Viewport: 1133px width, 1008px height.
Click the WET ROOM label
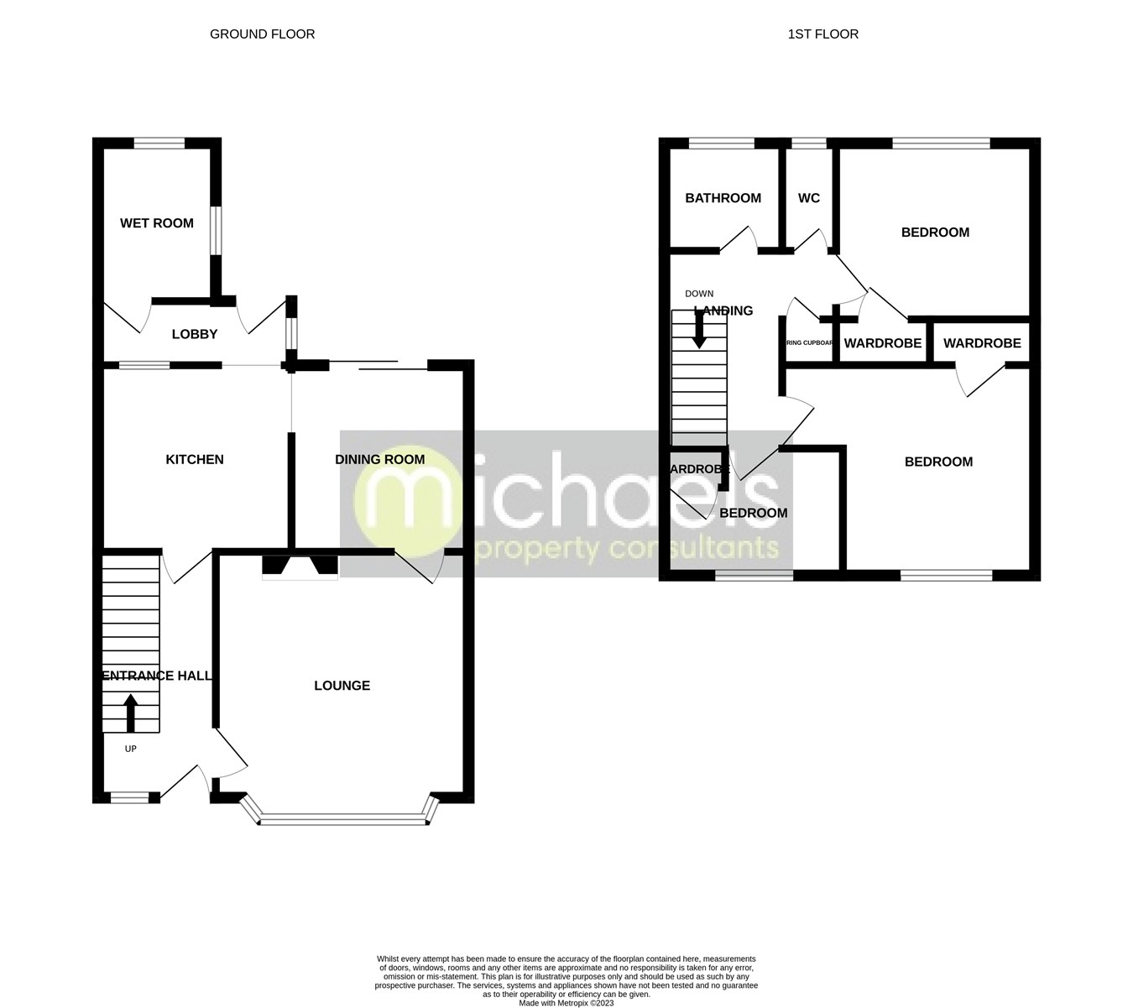pyautogui.click(x=157, y=223)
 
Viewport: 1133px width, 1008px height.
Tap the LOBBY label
pyautogui.click(x=195, y=334)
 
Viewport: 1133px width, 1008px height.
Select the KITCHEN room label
pyautogui.click(x=195, y=459)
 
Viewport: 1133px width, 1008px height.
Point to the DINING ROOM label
pyautogui.click(x=379, y=459)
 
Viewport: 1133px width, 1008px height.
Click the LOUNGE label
pyautogui.click(x=342, y=686)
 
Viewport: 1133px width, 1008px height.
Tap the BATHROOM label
pyautogui.click(x=723, y=198)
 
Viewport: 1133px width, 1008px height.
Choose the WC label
pyautogui.click(x=809, y=198)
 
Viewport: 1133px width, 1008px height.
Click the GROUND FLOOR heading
pyautogui.click(x=262, y=34)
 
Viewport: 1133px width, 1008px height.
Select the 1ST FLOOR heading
pyautogui.click(x=822, y=34)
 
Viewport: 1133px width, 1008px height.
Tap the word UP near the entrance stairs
pyautogui.click(x=130, y=749)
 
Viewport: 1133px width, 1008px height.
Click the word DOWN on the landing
pyautogui.click(x=699, y=294)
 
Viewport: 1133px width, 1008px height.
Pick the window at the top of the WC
pyautogui.click(x=809, y=144)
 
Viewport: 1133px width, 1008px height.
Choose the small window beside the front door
pyautogui.click(x=128, y=798)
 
